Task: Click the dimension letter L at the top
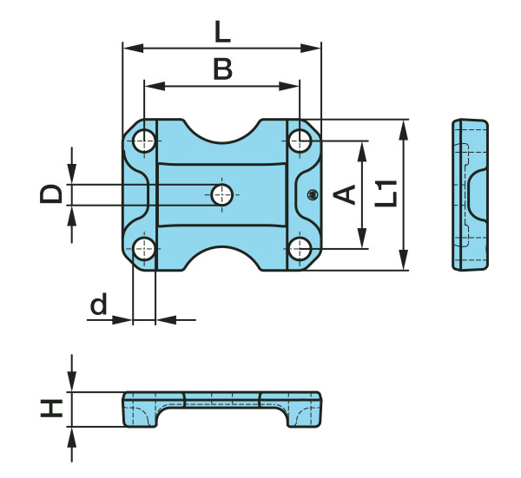[x=222, y=32]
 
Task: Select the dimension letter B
[x=222, y=69]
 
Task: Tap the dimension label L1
[x=386, y=193]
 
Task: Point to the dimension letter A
[x=344, y=194]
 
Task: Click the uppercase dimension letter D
[x=51, y=194]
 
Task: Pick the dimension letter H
[x=51, y=409]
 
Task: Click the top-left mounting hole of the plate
[x=144, y=141]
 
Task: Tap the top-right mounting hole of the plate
[x=300, y=141]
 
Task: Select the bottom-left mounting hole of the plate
[x=144, y=249]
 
